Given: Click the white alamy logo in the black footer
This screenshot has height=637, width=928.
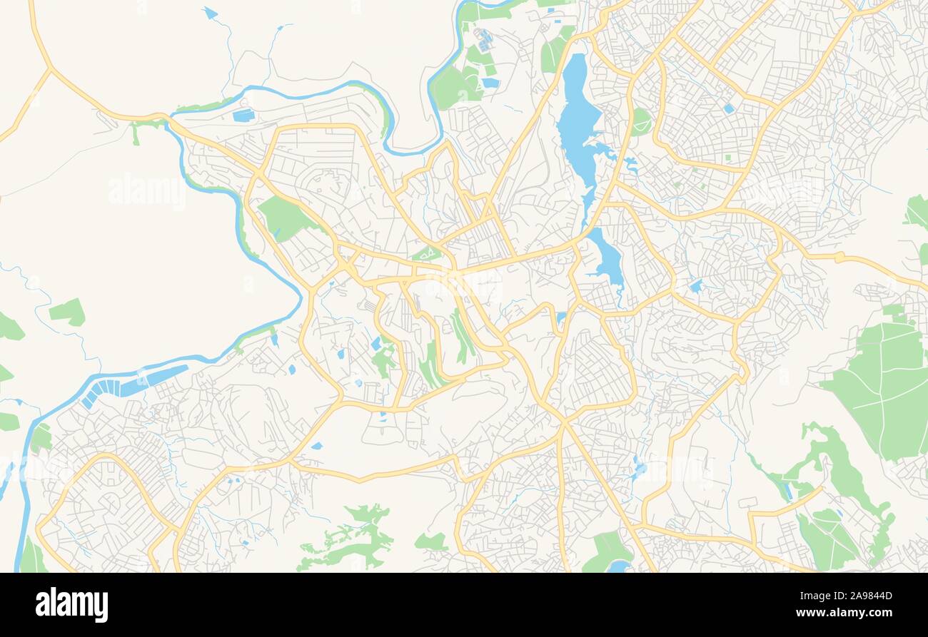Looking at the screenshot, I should (71, 604).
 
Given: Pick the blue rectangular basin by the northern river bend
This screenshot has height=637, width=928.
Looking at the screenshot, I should (243, 115).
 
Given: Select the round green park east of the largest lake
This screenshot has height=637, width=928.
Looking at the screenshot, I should (640, 122).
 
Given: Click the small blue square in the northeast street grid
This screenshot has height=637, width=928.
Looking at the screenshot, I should (728, 109).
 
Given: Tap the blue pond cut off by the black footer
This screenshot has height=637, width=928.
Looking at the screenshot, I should (618, 566).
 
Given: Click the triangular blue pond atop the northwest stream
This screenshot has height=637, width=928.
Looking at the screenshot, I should (209, 13).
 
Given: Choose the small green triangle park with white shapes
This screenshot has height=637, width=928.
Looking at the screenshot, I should (426, 253).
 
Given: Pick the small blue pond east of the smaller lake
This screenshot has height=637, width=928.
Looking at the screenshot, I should (695, 286).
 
